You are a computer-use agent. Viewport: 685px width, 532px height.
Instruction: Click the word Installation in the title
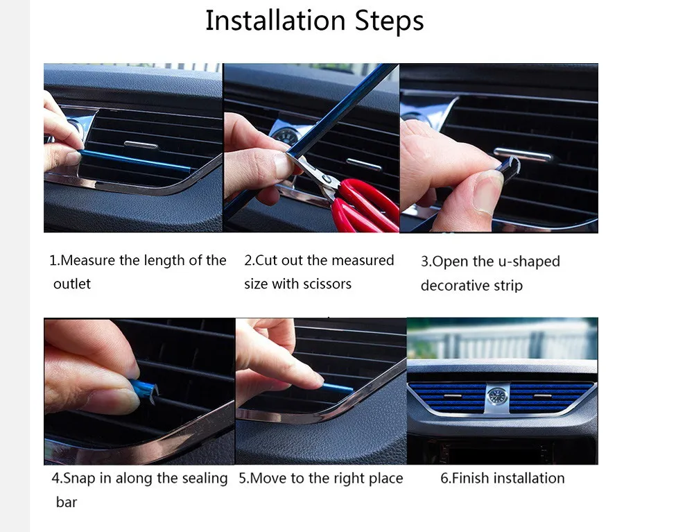click(x=275, y=20)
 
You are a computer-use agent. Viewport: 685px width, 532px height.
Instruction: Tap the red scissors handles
click(x=366, y=206)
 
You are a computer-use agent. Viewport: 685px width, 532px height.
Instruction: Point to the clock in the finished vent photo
click(x=496, y=396)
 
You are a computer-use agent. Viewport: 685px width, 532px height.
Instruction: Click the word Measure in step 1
click(x=87, y=261)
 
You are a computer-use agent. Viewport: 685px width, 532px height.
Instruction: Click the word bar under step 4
click(x=67, y=502)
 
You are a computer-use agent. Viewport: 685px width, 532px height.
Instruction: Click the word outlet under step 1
click(x=72, y=284)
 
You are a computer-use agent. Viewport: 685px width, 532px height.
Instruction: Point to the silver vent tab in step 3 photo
click(x=523, y=154)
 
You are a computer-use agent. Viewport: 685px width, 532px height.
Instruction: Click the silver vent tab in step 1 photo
click(x=141, y=145)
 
